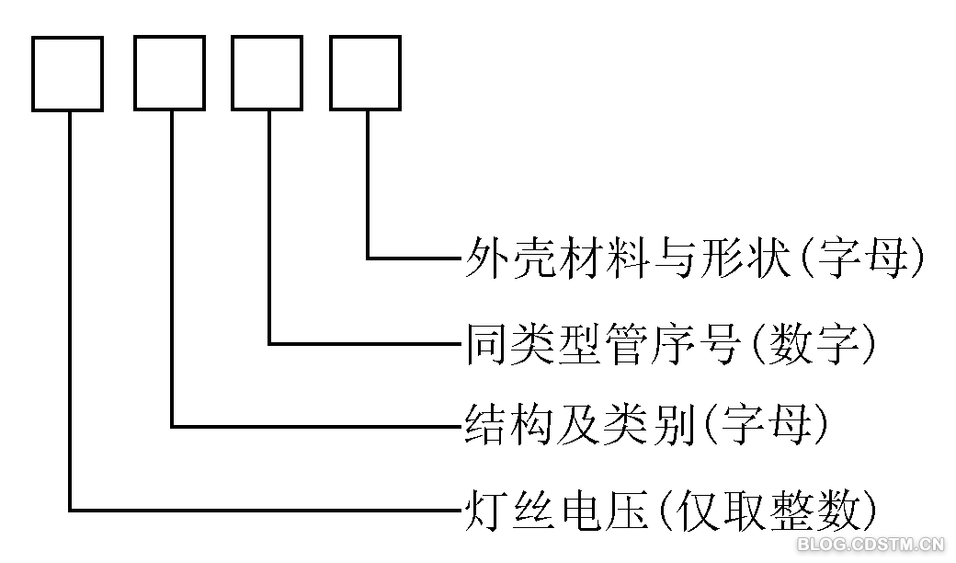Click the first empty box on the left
(67, 74)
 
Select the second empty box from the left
(169, 74)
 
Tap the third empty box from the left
(267, 74)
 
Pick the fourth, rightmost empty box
(365, 74)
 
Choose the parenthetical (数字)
(813, 343)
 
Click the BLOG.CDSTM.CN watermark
(871, 544)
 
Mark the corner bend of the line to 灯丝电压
(70, 509)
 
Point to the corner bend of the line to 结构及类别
(172, 426)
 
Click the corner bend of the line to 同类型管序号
(269, 343)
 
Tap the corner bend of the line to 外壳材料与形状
(368, 258)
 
